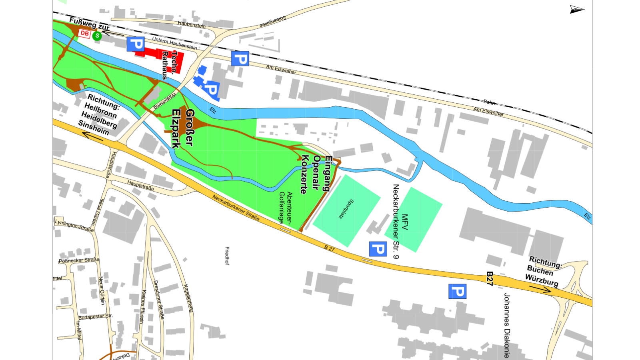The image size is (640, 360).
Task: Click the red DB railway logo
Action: click(84, 34)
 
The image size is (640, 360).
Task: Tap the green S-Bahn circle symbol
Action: click(97, 36)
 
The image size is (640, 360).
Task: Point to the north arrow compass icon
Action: click(576, 9)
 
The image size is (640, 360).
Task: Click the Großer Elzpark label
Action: click(183, 128)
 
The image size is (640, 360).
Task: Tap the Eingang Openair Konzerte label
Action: click(316, 174)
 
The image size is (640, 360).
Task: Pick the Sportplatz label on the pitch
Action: click(346, 209)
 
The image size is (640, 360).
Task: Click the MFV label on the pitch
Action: click(405, 222)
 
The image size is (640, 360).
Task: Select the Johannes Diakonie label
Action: click(506, 325)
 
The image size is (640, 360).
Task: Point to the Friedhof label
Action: click(227, 256)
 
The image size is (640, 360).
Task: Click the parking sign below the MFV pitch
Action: click(378, 249)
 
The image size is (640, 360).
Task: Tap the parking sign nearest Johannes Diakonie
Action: click(457, 291)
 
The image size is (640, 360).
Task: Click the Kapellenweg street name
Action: click(189, 298)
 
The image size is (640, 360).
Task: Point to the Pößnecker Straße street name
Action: click(79, 260)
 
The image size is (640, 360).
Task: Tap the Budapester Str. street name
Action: click(95, 317)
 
